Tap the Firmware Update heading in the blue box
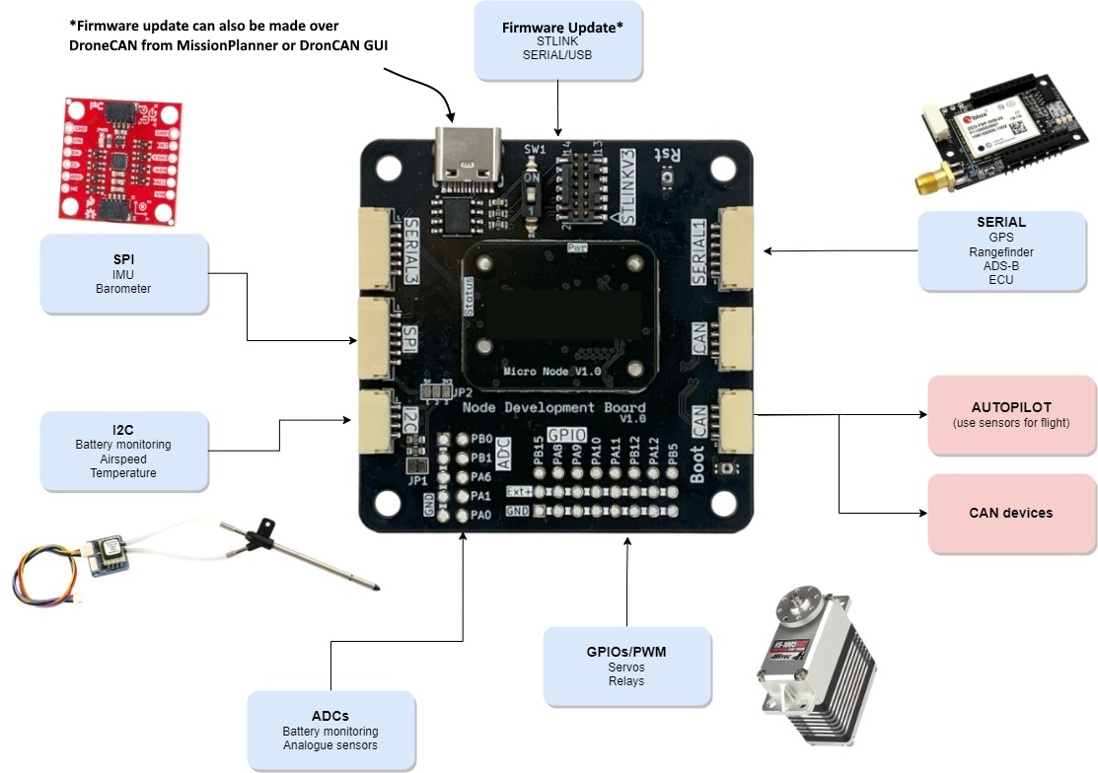(x=562, y=27)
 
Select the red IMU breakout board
(x=117, y=158)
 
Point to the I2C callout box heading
(x=123, y=429)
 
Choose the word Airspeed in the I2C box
(x=123, y=458)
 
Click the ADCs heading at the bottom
(x=330, y=715)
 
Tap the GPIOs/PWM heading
(x=626, y=652)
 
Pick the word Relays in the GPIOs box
(x=626, y=681)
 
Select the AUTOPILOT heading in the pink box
(x=1011, y=406)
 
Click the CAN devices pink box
(x=1011, y=513)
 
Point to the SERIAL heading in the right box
(x=1000, y=222)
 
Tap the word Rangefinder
(x=1000, y=251)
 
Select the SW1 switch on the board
(x=532, y=196)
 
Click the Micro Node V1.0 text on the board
(x=551, y=371)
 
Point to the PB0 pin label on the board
(x=481, y=439)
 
